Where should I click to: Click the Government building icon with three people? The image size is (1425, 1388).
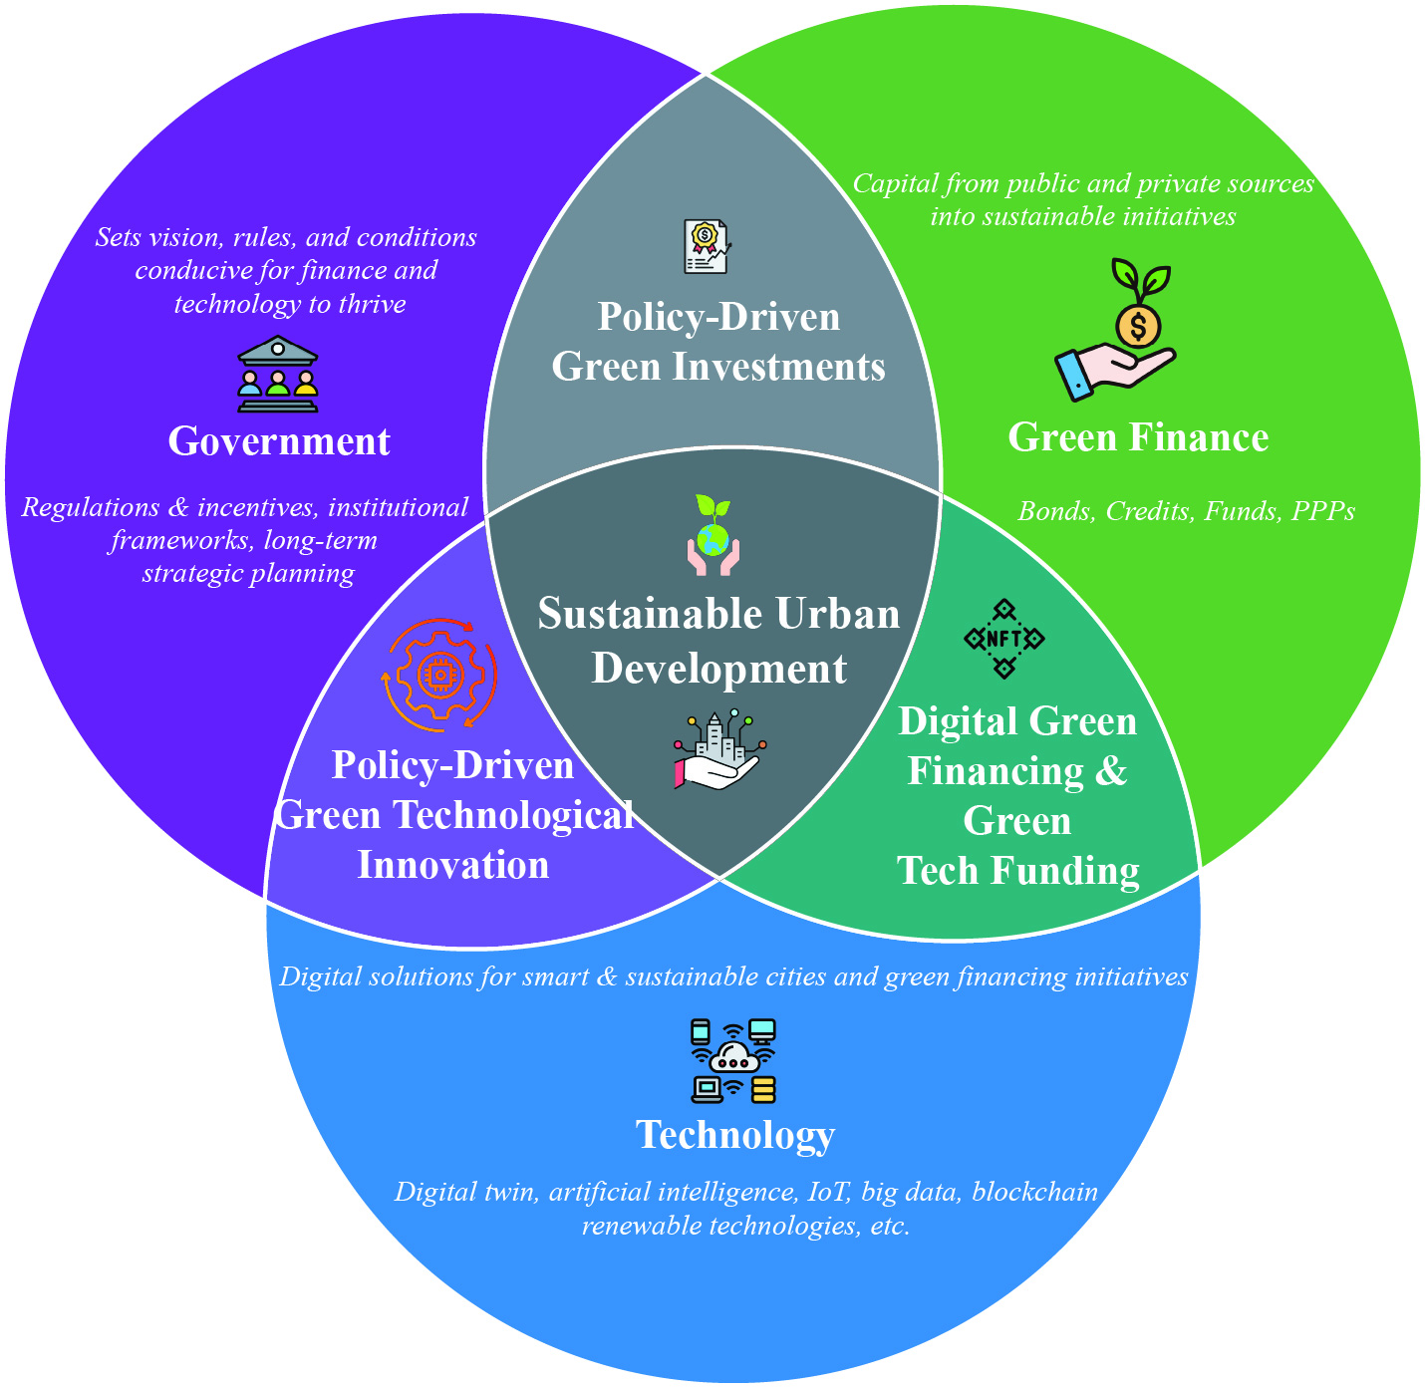(278, 374)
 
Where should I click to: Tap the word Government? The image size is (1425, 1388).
(279, 441)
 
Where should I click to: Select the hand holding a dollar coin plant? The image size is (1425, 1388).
(1115, 329)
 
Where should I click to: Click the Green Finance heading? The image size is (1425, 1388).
(1138, 437)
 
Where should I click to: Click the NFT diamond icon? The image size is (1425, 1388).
(1003, 639)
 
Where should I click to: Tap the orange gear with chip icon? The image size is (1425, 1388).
(439, 675)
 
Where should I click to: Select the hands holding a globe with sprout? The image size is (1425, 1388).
(712, 535)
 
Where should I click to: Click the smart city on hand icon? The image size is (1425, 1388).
(719, 748)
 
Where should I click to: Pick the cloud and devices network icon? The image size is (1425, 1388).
(733, 1061)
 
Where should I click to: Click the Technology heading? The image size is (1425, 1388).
(735, 1136)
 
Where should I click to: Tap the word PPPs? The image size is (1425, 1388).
(1322, 511)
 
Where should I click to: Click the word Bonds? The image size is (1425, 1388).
(1056, 511)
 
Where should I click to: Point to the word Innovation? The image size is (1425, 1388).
(452, 865)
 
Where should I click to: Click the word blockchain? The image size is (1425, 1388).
(1034, 1192)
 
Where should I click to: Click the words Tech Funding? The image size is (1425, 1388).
(1017, 871)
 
